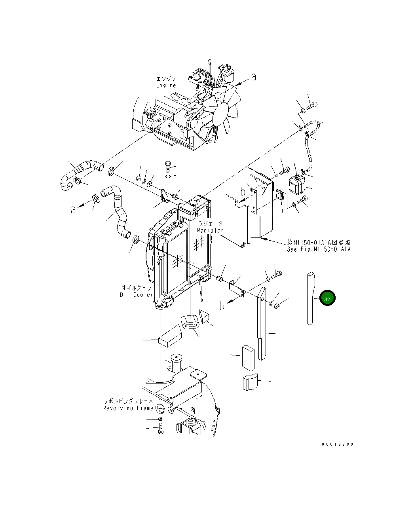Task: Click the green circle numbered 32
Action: pyautogui.click(x=327, y=299)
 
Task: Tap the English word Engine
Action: pyautogui.click(x=166, y=85)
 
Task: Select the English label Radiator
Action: pyautogui.click(x=210, y=230)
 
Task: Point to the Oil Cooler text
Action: pyautogui.click(x=137, y=294)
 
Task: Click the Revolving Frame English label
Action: pyautogui.click(x=128, y=408)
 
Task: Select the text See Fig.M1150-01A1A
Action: pyautogui.click(x=319, y=249)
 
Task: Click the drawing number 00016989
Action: pyautogui.click(x=337, y=444)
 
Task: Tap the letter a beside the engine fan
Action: pyautogui.click(x=253, y=77)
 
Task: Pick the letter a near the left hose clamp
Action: pyautogui.click(x=73, y=209)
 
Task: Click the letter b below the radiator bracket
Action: pyautogui.click(x=222, y=306)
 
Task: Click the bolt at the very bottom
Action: pyautogui.click(x=160, y=429)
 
